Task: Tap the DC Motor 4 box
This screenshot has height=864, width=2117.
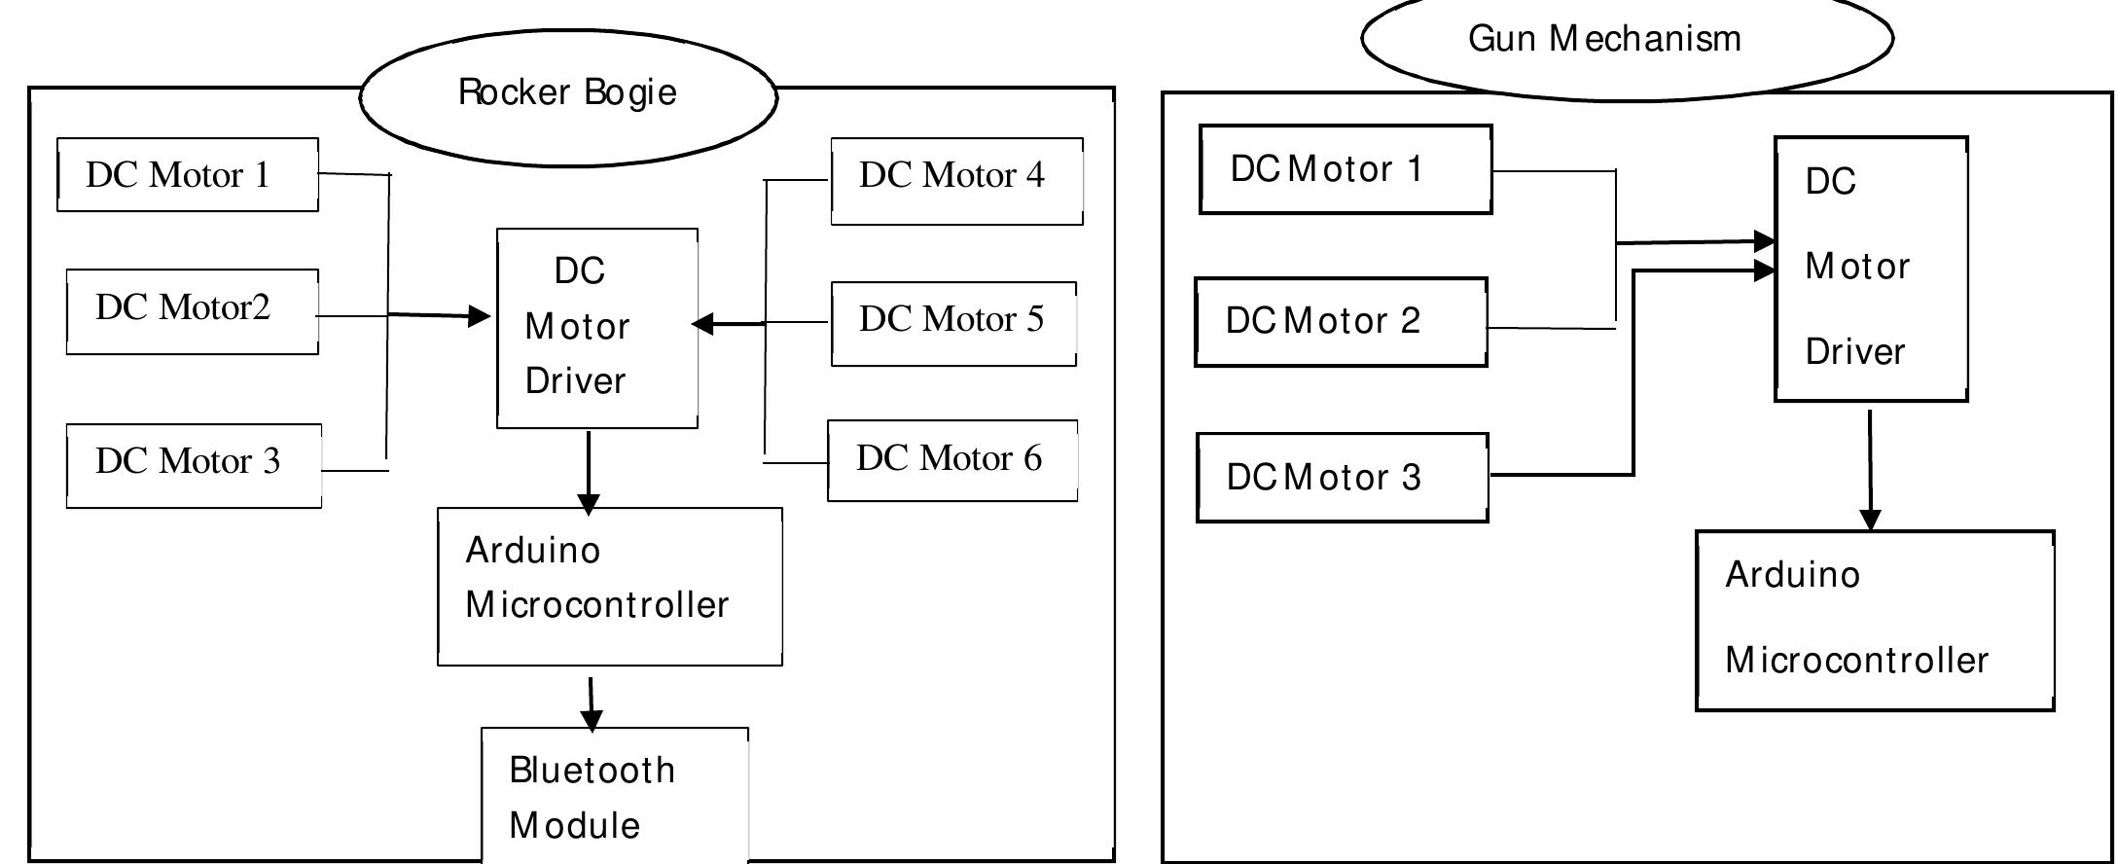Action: point(956,181)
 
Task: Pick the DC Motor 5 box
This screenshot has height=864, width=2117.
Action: point(953,324)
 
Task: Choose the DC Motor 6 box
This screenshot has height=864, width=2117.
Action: point(951,460)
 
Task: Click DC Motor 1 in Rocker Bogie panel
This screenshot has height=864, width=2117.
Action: point(188,175)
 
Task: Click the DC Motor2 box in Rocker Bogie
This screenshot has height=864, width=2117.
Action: point(192,311)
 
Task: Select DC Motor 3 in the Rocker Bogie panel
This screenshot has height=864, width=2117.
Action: point(193,465)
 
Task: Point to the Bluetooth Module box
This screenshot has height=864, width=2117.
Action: point(615,796)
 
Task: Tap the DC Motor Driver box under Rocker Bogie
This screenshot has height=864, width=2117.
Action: point(596,328)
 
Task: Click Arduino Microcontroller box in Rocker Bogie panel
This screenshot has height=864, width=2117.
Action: point(609,586)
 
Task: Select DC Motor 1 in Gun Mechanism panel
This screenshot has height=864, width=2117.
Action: point(1345,169)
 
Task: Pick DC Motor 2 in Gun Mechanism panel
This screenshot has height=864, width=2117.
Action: point(1340,322)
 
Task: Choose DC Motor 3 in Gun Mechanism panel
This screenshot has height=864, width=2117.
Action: point(1342,478)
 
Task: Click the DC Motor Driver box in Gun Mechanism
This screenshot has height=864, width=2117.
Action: point(1870,269)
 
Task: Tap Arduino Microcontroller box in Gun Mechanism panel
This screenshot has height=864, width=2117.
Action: point(1874,621)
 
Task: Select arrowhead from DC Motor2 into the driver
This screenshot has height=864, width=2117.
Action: point(479,315)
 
